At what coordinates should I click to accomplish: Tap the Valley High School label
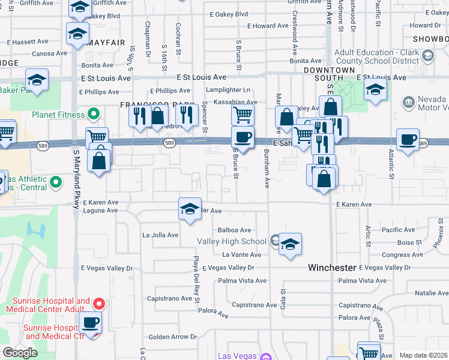point(232,241)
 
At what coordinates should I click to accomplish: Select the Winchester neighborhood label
point(333,267)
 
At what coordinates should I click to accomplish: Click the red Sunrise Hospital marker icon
point(100,304)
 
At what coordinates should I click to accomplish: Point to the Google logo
point(20,353)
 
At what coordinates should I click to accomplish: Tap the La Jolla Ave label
point(160,235)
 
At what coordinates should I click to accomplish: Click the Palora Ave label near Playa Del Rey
point(214,314)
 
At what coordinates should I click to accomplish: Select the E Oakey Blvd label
point(229,14)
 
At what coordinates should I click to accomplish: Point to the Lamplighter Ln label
point(228,90)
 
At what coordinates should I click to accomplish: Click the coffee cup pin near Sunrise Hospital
point(91,323)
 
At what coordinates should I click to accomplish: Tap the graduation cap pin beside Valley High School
point(290,244)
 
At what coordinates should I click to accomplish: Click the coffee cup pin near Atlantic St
point(408,140)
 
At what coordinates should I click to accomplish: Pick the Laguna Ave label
point(100,211)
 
